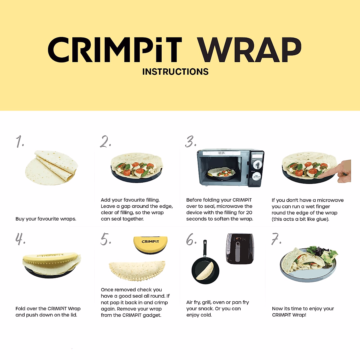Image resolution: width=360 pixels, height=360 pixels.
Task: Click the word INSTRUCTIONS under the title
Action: [175, 72]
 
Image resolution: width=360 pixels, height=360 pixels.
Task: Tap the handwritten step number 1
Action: [20, 142]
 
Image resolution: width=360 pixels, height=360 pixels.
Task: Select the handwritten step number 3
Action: [190, 142]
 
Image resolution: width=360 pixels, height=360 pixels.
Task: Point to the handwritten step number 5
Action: [106, 239]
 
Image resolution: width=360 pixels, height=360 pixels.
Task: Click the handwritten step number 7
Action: [276, 239]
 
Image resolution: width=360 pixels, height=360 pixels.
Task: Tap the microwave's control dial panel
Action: [257, 168]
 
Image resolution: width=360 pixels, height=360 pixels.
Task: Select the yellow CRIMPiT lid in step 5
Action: [150, 244]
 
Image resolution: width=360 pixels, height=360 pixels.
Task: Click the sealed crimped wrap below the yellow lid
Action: [137, 270]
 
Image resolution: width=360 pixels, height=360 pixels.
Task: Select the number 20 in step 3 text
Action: [249, 213]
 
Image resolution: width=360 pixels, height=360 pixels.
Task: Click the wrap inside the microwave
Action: [221, 172]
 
